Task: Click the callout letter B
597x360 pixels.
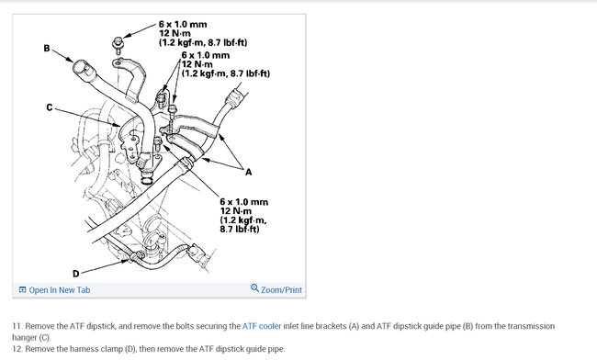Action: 47,49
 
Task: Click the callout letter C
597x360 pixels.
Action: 50,107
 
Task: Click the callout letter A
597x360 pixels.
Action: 248,173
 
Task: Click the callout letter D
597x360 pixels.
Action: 75,274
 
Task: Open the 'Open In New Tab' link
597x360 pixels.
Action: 60,290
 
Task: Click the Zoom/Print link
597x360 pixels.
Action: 281,290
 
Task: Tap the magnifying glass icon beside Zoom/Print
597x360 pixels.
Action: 254,288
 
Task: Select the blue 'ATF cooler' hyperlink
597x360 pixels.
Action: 262,326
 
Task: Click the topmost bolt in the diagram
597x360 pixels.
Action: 118,42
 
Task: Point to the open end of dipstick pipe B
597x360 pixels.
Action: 81,68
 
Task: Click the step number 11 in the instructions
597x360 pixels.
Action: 17,326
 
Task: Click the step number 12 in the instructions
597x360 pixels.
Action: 17,349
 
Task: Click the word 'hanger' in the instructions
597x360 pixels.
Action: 24,338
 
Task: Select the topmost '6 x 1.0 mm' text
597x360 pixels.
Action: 183,25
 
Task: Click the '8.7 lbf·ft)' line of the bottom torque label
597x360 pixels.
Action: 240,229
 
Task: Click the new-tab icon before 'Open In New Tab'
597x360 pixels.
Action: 22,290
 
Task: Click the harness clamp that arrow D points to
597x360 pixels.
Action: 136,257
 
